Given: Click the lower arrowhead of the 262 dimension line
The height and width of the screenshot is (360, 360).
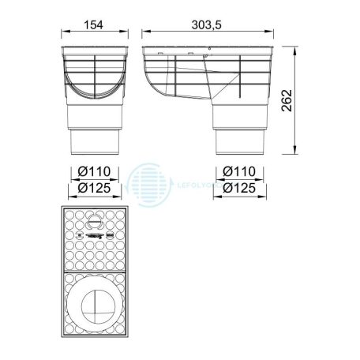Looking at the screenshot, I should pos(294,156).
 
